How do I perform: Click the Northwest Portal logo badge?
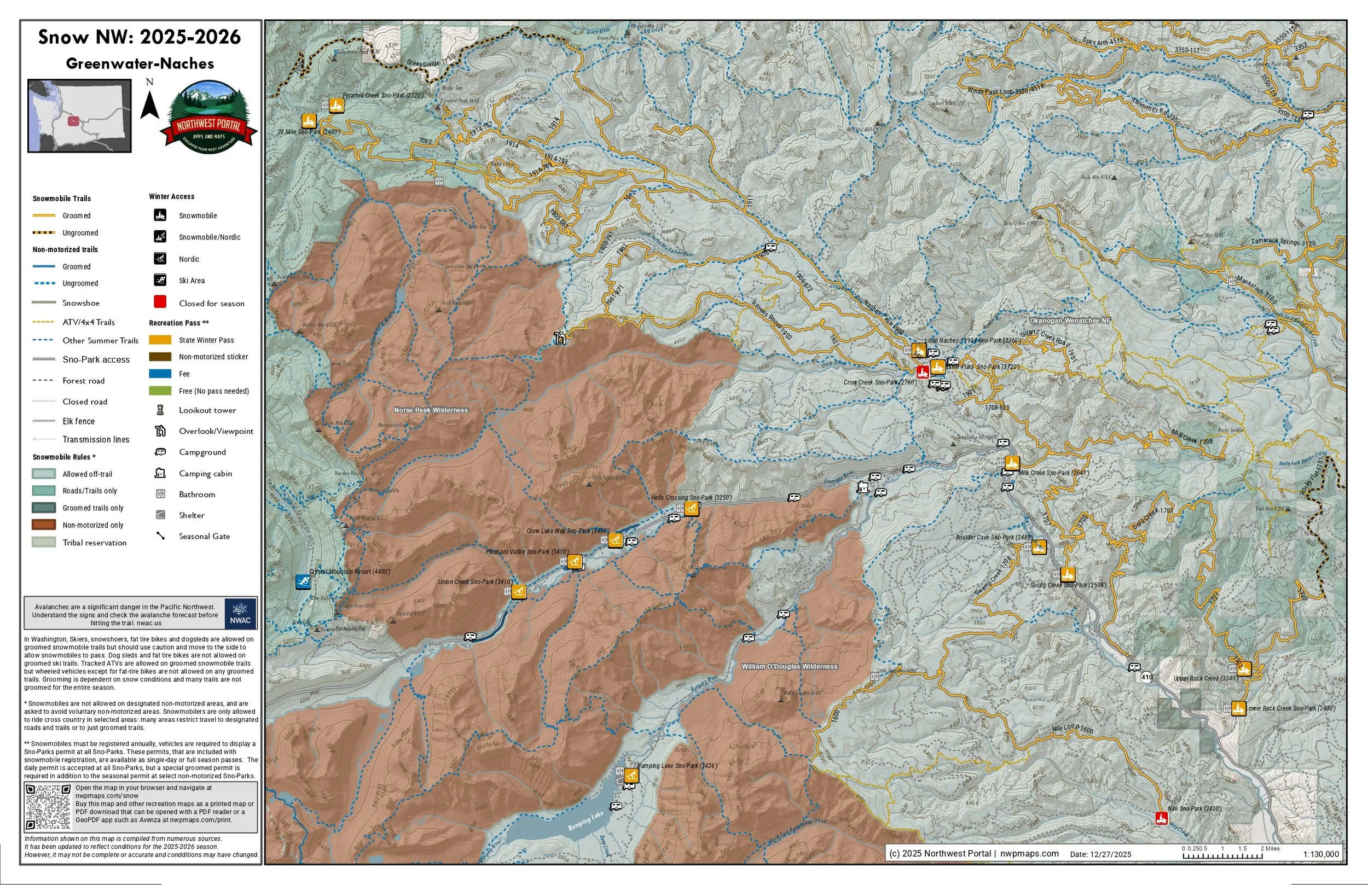208,118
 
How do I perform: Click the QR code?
48,807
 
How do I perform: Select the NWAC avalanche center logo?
240,613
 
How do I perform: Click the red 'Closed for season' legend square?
160,302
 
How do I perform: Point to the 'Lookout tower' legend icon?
160,410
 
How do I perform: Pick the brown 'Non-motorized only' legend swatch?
44,525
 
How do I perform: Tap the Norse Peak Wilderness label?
431,410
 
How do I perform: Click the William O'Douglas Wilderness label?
789,667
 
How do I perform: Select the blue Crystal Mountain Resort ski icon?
303,581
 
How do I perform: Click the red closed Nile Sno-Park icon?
1161,818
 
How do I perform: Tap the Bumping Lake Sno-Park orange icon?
631,776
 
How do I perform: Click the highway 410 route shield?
1146,677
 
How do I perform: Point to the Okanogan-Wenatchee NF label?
1070,321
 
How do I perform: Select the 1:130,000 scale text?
1321,854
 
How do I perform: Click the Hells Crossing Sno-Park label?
691,498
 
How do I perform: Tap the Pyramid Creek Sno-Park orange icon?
336,105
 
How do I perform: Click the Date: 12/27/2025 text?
1100,854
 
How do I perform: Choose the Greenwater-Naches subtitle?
140,63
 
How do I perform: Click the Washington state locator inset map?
79,116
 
